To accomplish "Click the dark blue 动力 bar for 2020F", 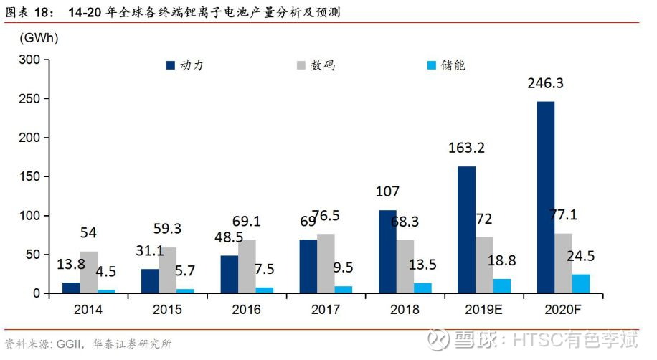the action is coord(546,197).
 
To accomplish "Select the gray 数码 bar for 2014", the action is coord(89,272).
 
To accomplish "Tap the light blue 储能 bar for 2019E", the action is coord(501,286).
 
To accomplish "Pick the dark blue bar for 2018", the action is coord(387,252).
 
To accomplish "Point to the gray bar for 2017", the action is coord(326,263).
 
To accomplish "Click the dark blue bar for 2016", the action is coord(230,274).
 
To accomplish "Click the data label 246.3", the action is coord(545,83).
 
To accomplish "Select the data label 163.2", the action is coord(466,148).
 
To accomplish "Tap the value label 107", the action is coord(387,191).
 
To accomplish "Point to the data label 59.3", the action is coord(167,228).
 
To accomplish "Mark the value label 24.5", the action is coord(580,255).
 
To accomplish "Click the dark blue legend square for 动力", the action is coord(171,65).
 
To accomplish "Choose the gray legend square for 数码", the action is coord(301,65).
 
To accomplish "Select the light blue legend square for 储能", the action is coord(432,65).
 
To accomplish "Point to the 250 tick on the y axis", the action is coord(29,99).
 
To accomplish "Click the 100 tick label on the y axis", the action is coord(29,216).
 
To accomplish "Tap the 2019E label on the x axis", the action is coord(483,310).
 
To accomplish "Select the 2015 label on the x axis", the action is coord(167,310).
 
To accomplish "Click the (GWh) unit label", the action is coord(39,38).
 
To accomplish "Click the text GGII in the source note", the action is coord(68,344).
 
